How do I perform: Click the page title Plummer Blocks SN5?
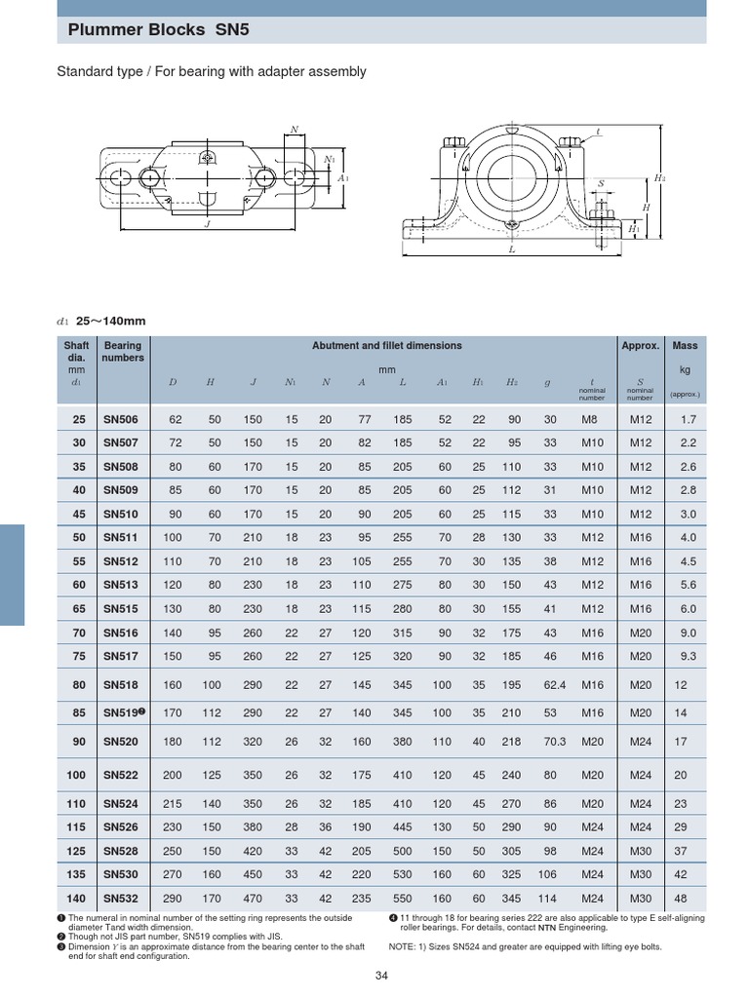click(x=159, y=30)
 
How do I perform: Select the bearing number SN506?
click(x=122, y=420)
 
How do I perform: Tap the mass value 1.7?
click(x=688, y=420)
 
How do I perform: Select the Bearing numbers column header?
click(x=123, y=352)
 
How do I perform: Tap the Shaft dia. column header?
click(x=76, y=352)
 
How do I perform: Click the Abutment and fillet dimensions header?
click(x=386, y=346)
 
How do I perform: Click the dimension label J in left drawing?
click(x=207, y=222)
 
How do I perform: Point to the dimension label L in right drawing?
click(x=511, y=249)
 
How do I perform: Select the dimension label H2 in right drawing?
click(x=660, y=178)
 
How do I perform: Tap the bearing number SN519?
click(x=122, y=712)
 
